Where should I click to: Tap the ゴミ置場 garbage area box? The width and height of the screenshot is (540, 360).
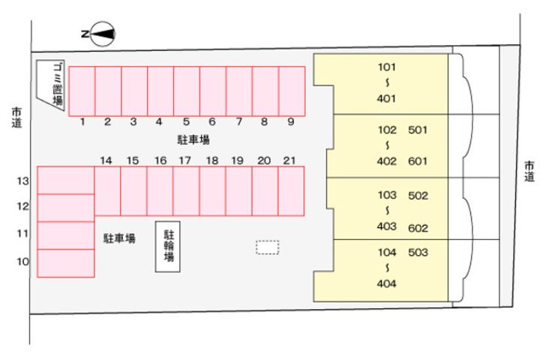52,85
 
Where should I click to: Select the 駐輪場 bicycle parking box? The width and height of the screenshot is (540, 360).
169,246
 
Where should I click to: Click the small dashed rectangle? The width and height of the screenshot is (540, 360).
267,247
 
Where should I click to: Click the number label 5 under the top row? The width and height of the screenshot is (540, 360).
186,121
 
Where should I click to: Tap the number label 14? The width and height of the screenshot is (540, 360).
106,160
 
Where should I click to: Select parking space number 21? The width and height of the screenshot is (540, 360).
291,190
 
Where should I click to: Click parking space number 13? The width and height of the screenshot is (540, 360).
65,181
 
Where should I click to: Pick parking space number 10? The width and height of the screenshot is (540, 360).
65,262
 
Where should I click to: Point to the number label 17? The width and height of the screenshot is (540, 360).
184,160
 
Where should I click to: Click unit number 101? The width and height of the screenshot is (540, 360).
387,66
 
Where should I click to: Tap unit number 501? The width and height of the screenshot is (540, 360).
418,130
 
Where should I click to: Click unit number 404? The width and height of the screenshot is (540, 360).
387,283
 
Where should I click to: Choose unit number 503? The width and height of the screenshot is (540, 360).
418,253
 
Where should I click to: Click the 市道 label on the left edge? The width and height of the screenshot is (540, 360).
16,118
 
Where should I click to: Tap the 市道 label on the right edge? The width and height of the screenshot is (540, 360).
529,171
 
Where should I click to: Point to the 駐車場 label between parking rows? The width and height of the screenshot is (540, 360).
193,139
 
